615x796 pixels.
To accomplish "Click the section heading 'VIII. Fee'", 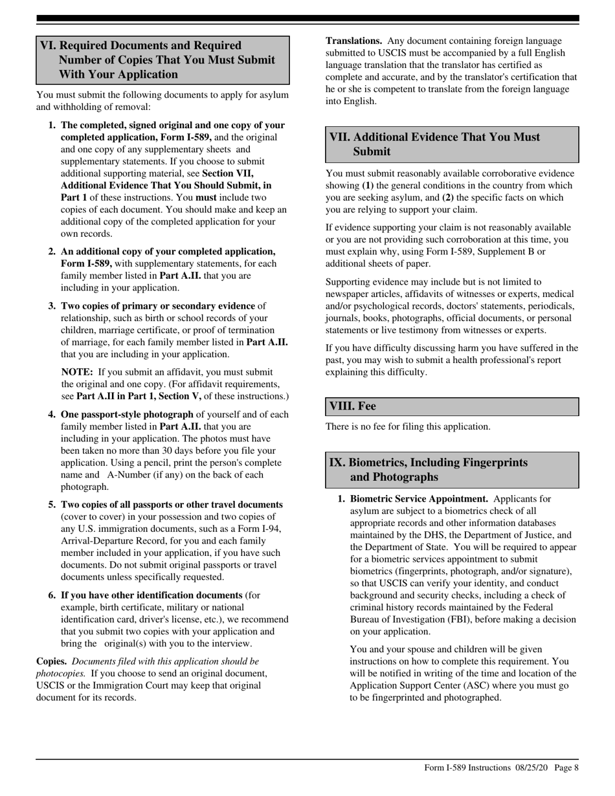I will pyautogui.click(x=353, y=406).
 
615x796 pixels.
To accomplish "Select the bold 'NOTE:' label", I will pyautogui.click(x=77, y=372).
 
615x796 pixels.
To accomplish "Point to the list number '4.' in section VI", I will pyautogui.click(x=52, y=415).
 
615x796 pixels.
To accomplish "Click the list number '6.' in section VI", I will pyautogui.click(x=52, y=595).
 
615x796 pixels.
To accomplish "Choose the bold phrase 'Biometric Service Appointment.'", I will pyautogui.click(x=419, y=499).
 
